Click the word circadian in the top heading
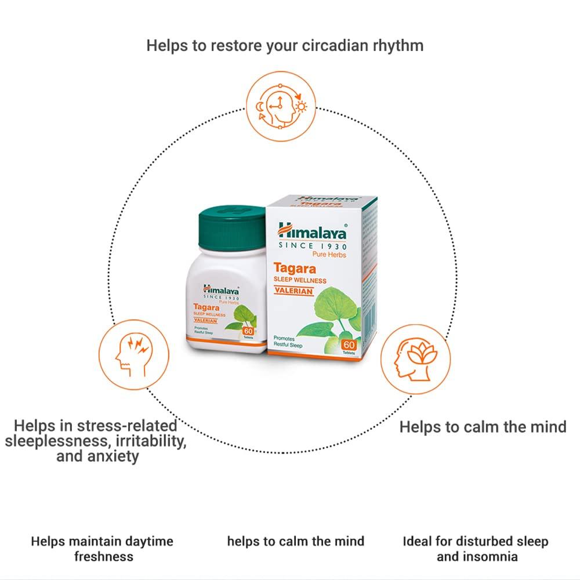point(332,45)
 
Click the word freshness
point(103,557)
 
